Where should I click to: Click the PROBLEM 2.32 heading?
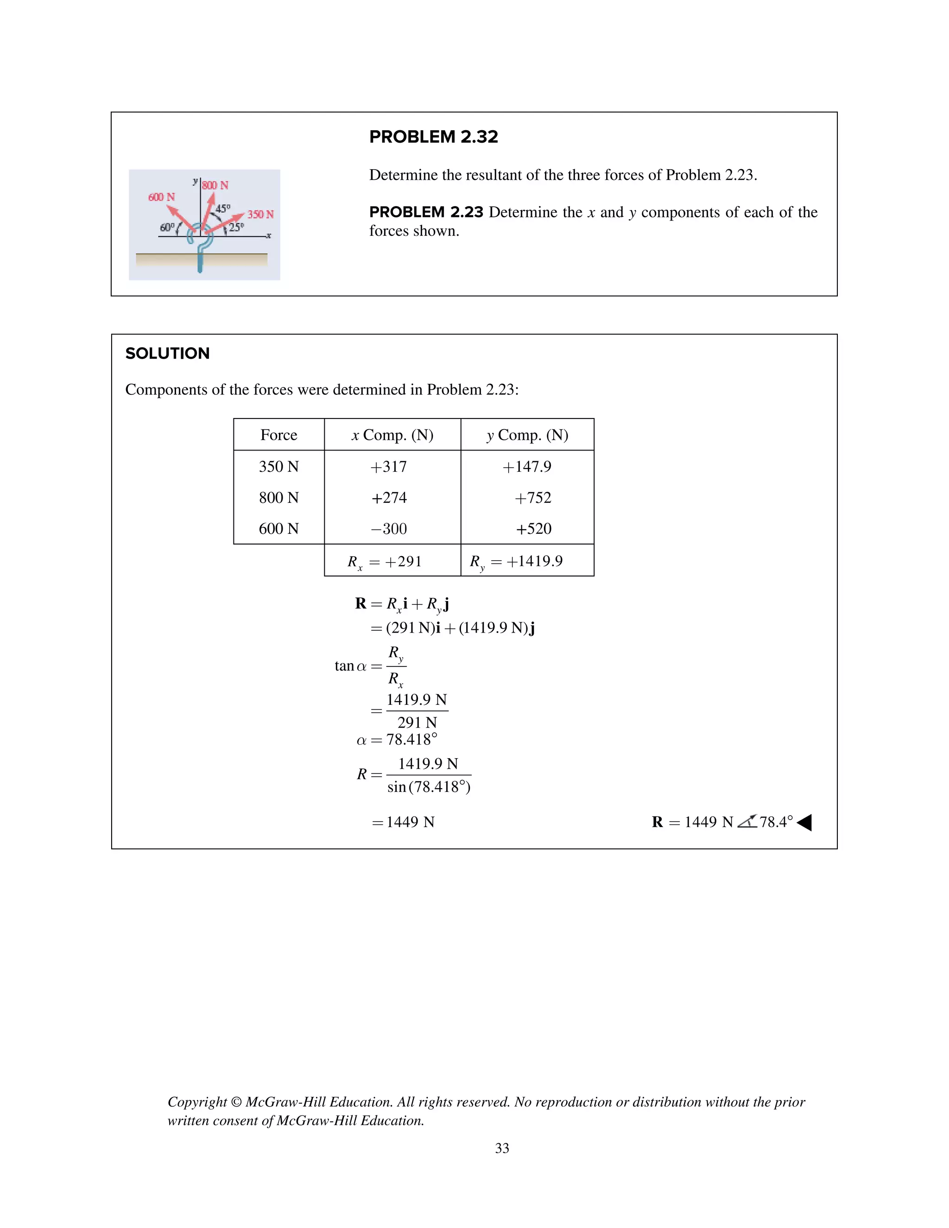pos(433,137)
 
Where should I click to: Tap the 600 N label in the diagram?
pos(161,197)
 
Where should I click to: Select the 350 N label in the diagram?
pos(260,214)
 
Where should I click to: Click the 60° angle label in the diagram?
pos(167,227)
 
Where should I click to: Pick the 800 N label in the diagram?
pos(215,185)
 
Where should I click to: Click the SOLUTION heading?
pos(168,353)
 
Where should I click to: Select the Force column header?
pos(279,435)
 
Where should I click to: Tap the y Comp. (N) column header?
pos(527,435)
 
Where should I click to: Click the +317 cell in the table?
pos(388,467)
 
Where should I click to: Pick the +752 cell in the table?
pos(533,498)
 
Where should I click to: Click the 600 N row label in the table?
pos(279,529)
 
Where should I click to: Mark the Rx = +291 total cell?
pos(385,561)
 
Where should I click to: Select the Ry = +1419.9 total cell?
pos(516,561)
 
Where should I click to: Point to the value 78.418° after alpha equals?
pos(411,740)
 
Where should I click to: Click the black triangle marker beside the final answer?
pos(804,823)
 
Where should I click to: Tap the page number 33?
pos(502,1148)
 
